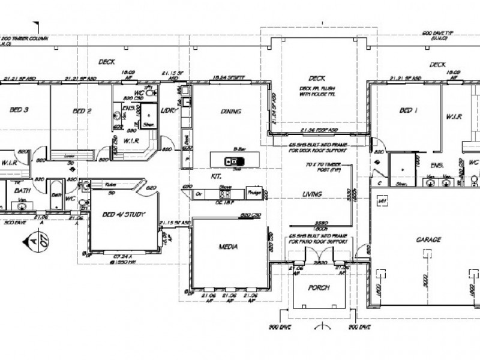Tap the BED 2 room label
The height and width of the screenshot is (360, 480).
coord(82,110)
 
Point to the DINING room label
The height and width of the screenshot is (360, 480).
coord(230,111)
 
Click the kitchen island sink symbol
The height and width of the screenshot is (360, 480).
coord(230,161)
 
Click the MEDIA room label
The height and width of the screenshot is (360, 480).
coord(229,246)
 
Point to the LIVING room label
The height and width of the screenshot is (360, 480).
coord(313,194)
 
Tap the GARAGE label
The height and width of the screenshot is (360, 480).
coord(428,239)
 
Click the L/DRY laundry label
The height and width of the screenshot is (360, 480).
coord(167,111)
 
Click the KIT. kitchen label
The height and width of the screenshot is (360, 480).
coord(215,178)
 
